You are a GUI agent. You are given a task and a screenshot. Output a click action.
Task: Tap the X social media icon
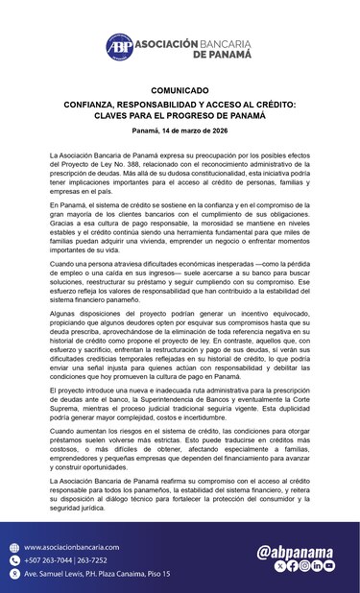[279, 566]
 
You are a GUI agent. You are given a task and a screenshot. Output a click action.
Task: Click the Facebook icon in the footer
[292, 566]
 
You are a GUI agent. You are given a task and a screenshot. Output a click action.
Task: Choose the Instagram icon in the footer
[304, 566]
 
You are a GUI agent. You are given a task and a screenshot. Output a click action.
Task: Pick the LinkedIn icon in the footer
[317, 566]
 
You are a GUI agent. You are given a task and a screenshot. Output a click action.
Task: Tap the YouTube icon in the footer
[329, 566]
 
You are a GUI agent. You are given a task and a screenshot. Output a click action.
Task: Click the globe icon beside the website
[14, 546]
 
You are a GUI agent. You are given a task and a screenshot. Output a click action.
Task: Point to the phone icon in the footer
[14, 559]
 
